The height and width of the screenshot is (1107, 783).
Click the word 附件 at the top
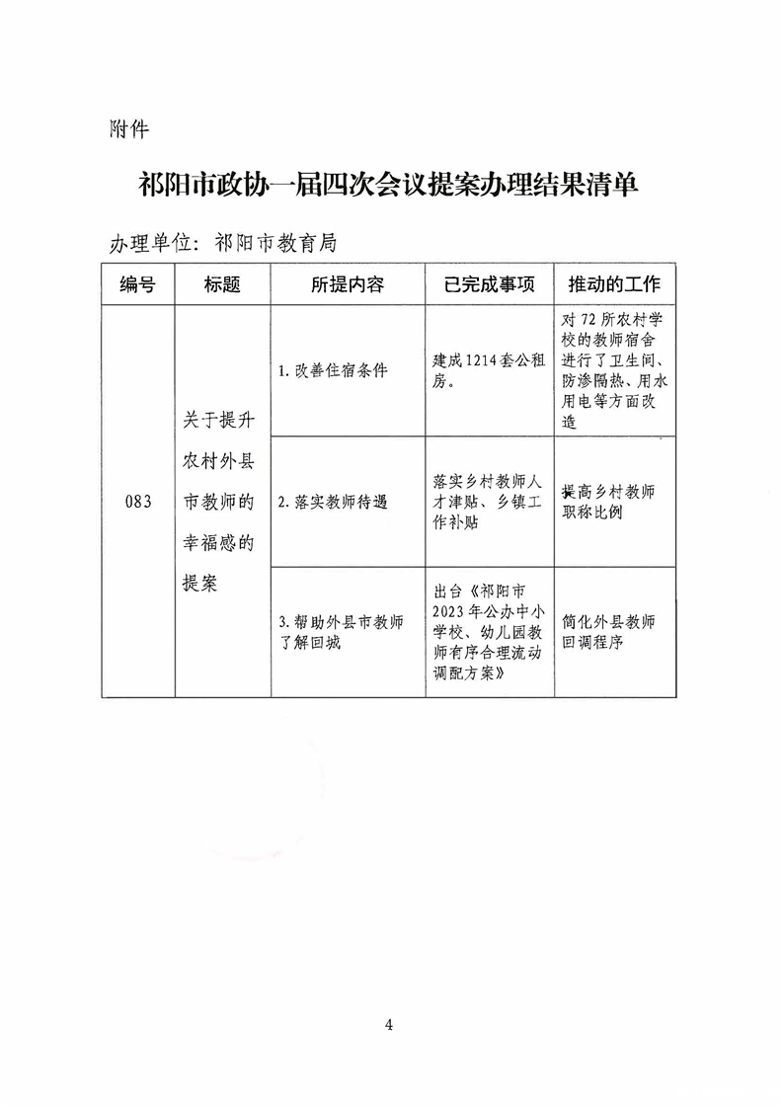[128, 129]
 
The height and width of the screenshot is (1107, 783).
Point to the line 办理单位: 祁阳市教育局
[224, 243]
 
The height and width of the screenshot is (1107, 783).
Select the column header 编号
[138, 284]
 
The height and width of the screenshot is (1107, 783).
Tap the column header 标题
[222, 284]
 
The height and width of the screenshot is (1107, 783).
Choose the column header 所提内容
[347, 284]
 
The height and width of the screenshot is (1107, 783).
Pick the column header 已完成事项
[489, 284]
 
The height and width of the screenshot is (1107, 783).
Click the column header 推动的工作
[614, 284]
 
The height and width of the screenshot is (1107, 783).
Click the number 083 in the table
[138, 502]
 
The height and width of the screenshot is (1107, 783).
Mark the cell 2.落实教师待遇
[334, 502]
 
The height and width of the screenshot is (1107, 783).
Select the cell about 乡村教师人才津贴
[488, 502]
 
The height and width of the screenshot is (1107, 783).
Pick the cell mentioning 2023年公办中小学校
[488, 632]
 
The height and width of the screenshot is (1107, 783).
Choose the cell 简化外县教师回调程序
[606, 632]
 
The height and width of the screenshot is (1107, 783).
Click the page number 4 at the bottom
[390, 1025]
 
